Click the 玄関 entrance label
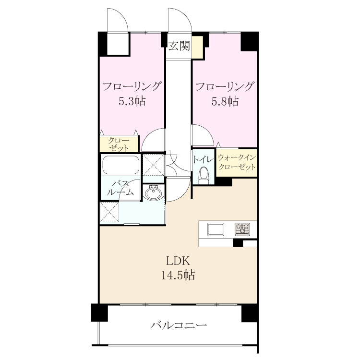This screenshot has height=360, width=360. (x=180, y=46)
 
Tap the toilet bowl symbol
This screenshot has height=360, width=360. (x=204, y=175)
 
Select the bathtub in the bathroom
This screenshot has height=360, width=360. (x=121, y=165)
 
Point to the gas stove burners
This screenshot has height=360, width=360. (x=242, y=229)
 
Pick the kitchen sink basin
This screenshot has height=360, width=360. (x=216, y=229)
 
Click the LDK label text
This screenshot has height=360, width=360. (x=178, y=262)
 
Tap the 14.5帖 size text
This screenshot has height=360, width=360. (x=178, y=275)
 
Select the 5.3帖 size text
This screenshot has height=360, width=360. (x=132, y=101)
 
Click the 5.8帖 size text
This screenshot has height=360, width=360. (x=225, y=101)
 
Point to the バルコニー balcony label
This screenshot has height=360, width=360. (x=178, y=325)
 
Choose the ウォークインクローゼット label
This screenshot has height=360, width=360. (x=237, y=162)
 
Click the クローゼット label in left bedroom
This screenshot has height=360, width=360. (x=119, y=144)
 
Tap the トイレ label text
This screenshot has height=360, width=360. (x=204, y=159)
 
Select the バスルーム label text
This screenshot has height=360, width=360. (x=120, y=188)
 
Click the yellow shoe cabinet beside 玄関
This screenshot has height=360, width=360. (x=197, y=48)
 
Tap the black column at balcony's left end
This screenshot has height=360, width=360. (x=99, y=312)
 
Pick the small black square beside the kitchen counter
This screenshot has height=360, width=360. (x=238, y=243)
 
